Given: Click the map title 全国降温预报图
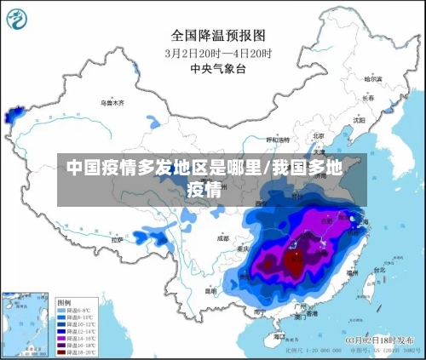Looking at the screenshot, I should point(218,36).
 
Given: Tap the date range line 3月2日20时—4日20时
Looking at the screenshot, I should point(218,53).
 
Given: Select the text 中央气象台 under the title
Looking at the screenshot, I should point(218,68).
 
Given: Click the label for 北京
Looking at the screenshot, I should point(319,135).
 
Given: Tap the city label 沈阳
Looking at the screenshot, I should point(383,120).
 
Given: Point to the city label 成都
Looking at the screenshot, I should point(223,238).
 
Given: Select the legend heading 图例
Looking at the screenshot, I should point(65,302).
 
